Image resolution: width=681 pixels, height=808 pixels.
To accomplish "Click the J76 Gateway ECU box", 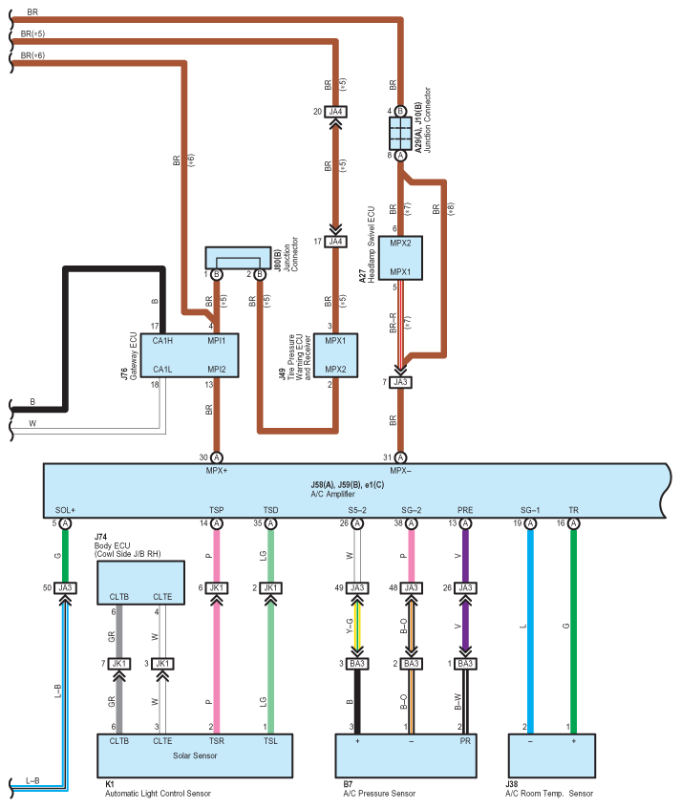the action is [189, 355].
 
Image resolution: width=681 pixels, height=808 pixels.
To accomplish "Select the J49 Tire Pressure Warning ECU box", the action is [335, 355].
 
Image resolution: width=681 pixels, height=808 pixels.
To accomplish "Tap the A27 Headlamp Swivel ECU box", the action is [400, 258].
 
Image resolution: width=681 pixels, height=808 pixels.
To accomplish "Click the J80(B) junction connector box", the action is [238, 258].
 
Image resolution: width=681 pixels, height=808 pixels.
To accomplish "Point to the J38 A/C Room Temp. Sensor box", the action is [552, 755].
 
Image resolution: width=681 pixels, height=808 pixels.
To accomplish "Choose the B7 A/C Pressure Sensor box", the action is [406, 755].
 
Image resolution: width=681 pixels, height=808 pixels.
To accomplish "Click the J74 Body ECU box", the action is [140, 583].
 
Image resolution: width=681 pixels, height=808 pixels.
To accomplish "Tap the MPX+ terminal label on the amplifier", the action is [217, 471].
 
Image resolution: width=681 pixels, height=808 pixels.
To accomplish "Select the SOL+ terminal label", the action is [65, 510].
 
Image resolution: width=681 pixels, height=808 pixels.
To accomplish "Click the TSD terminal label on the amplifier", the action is [270, 510].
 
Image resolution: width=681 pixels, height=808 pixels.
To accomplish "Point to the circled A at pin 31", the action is [400, 457].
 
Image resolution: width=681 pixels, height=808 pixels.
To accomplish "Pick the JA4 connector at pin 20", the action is [335, 112].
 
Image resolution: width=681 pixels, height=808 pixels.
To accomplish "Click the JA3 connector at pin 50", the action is [65, 588].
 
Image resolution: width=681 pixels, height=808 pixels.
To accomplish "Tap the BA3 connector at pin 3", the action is [357, 664].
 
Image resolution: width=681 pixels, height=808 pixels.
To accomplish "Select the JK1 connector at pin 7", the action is [119, 664].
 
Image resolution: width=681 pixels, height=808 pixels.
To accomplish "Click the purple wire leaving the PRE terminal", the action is [465, 556].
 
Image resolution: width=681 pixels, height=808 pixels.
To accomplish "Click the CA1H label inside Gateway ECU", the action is [162, 341].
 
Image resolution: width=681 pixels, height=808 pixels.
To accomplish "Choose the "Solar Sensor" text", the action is [195, 755].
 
